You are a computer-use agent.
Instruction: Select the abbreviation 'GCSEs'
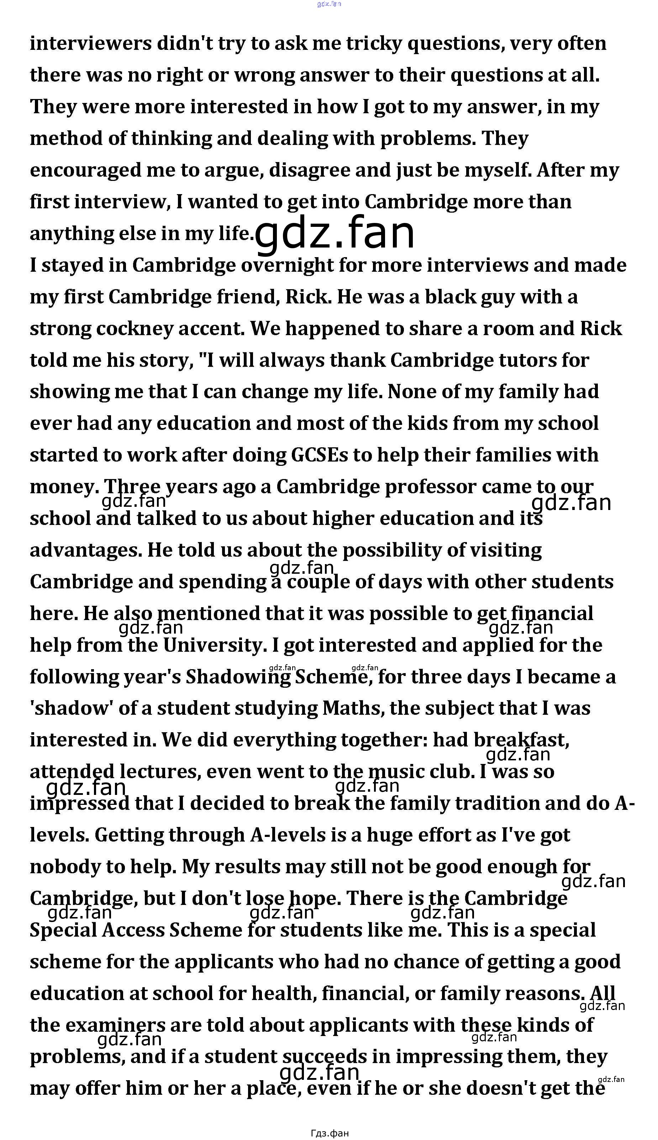coord(320,456)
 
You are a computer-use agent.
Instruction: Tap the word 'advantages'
coord(85,550)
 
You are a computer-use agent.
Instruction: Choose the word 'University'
coord(213,645)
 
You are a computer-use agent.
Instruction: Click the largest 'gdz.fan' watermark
coord(335,233)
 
